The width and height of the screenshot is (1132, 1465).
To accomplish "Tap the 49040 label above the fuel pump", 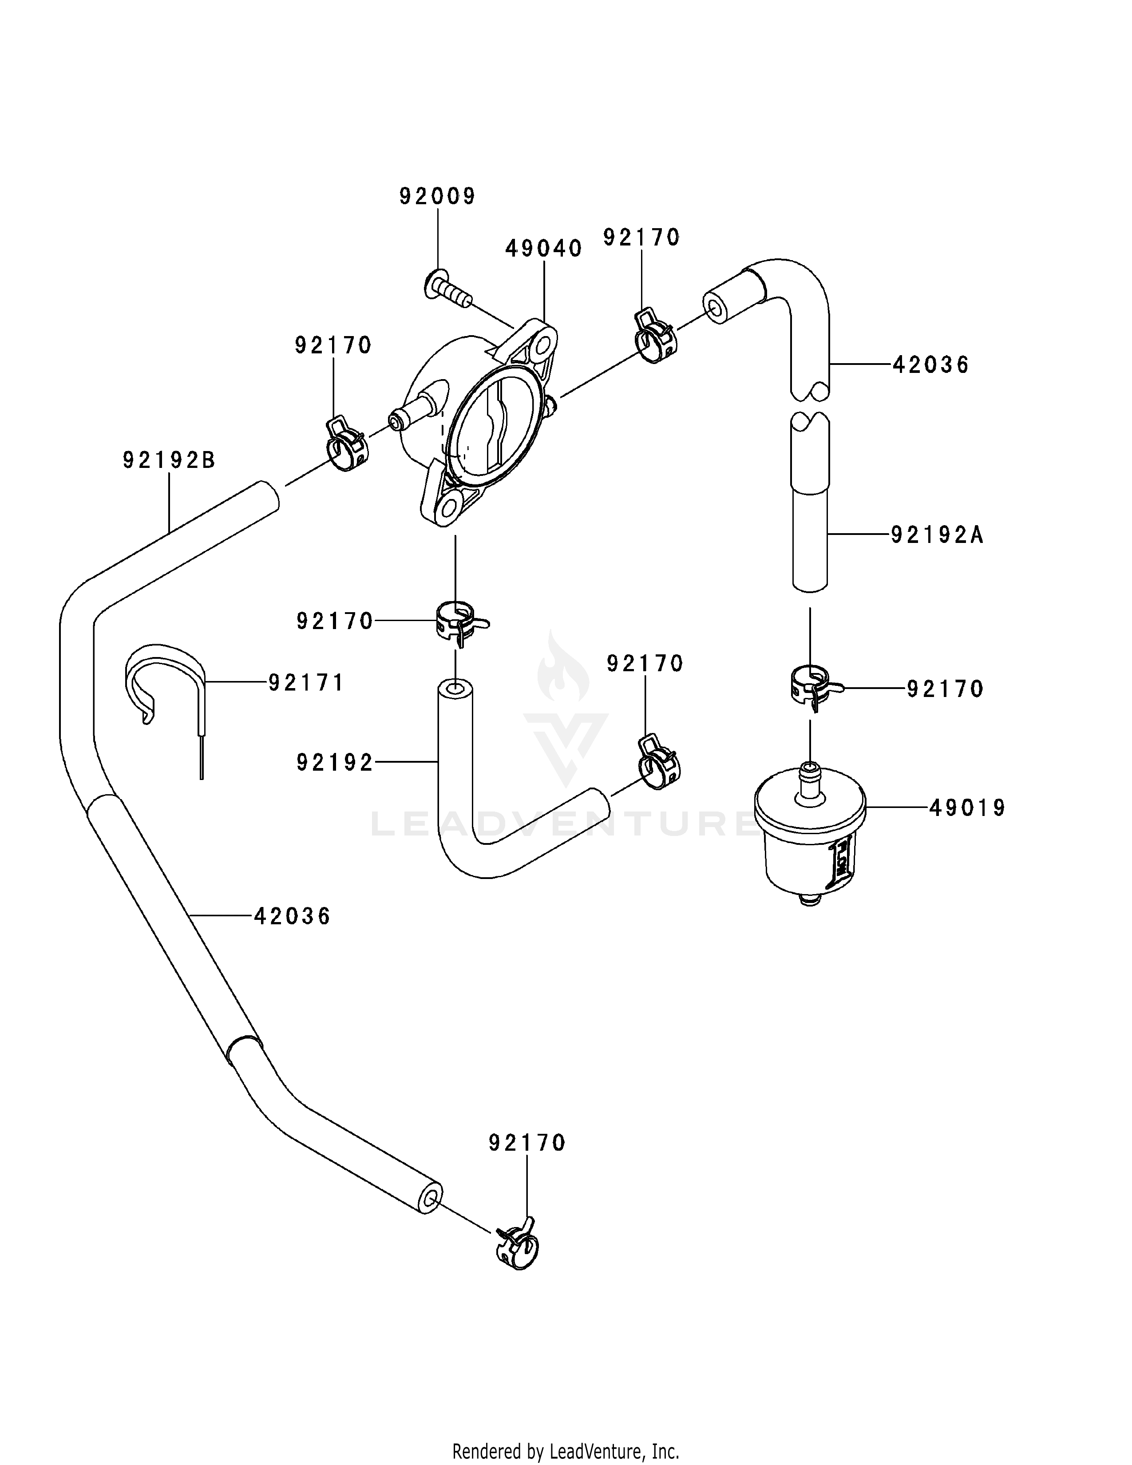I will [x=543, y=249].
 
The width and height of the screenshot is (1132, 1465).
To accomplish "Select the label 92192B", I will [x=169, y=460].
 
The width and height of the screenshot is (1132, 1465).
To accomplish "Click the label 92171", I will [x=306, y=682].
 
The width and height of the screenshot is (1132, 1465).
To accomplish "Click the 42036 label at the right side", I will [x=931, y=365].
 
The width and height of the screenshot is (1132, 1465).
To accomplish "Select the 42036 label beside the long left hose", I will [x=293, y=916].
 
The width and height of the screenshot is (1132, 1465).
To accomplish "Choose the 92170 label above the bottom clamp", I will [x=527, y=1143].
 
